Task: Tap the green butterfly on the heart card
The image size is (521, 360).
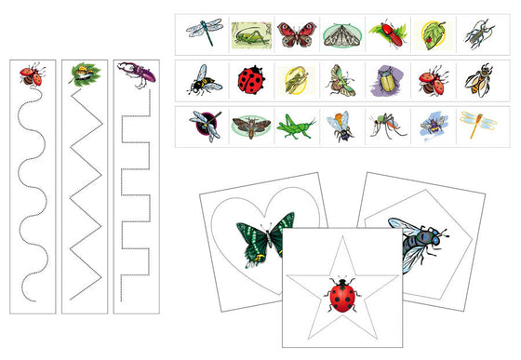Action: click(x=265, y=239)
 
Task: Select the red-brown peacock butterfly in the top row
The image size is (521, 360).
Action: click(x=296, y=34)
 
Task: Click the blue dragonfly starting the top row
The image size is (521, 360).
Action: click(x=204, y=33)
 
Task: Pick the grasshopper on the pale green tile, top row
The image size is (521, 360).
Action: click(x=250, y=34)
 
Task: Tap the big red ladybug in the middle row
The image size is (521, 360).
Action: click(x=250, y=80)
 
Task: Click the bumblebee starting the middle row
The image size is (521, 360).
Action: click(x=204, y=80)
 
